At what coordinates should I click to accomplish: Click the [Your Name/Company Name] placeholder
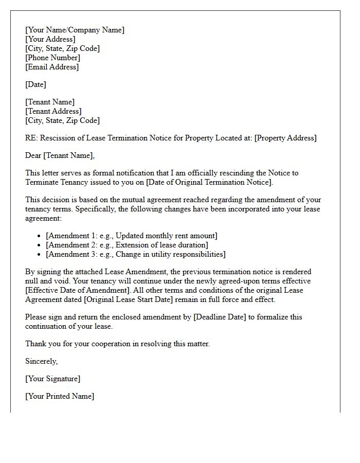75,30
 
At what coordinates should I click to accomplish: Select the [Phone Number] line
52,58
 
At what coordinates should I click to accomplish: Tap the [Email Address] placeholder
52,67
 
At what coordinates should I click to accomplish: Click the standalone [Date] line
35,84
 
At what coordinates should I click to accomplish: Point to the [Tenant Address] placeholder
53,111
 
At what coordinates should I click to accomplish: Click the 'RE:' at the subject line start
31,138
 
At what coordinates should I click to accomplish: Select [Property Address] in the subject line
285,138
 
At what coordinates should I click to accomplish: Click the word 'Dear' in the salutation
33,155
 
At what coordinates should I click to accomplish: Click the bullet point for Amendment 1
40,236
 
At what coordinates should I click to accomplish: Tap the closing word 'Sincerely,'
41,361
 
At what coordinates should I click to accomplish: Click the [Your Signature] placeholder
52,379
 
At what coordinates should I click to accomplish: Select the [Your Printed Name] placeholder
60,396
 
